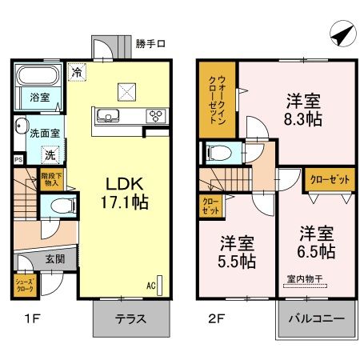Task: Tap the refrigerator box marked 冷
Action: click(x=77, y=71)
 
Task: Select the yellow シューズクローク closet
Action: click(x=24, y=286)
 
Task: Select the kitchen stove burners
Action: click(x=154, y=115)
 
